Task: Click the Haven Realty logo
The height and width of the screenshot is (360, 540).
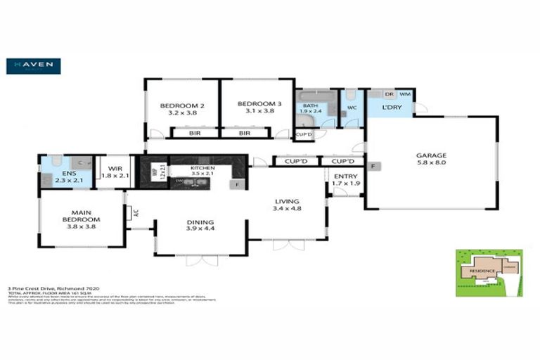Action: (33, 65)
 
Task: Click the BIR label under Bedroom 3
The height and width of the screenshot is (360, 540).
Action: (245, 133)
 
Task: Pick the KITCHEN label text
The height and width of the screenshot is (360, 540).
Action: (202, 169)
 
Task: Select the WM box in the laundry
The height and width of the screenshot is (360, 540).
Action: (405, 94)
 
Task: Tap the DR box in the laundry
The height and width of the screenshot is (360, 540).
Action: (388, 94)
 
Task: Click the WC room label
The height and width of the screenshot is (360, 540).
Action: (352, 108)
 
